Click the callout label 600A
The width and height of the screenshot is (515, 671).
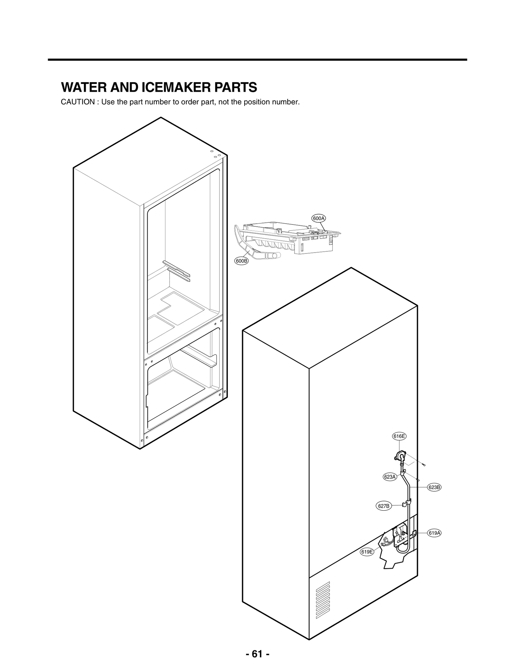coord(319,218)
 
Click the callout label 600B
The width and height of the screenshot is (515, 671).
coord(241,261)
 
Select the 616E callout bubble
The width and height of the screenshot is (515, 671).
coord(399,436)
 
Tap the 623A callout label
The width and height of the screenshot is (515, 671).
coord(390,477)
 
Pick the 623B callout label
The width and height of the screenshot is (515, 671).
coord(434,487)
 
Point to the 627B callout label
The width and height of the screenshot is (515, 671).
coord(384,506)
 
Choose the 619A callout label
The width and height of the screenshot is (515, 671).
coord(434,533)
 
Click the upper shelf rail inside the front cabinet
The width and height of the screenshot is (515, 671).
coord(176,268)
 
